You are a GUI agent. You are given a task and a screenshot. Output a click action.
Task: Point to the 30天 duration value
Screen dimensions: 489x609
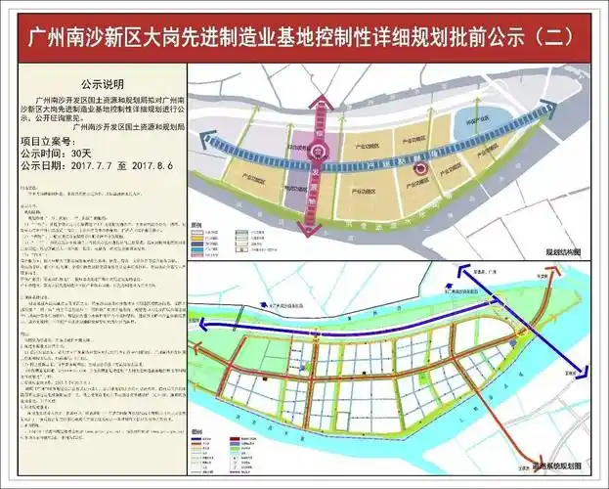tap(80, 154)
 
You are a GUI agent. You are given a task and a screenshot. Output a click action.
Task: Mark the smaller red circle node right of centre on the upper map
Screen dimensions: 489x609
tap(421, 168)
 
